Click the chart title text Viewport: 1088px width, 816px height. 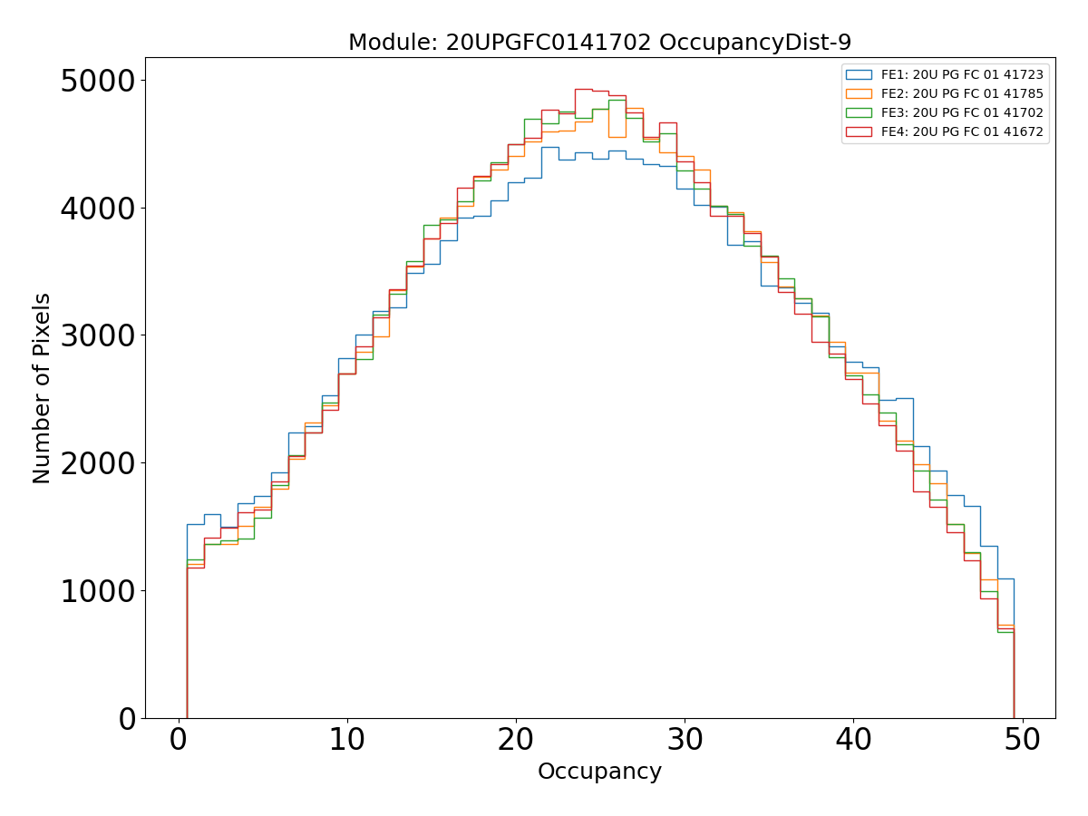(599, 43)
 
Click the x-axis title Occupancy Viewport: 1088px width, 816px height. (599, 772)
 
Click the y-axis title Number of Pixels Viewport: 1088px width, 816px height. (43, 388)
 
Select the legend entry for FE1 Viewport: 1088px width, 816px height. (962, 74)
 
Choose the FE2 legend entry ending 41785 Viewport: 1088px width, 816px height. (962, 93)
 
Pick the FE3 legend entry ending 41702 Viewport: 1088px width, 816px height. (962, 112)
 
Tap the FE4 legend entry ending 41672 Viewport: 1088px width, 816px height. (962, 131)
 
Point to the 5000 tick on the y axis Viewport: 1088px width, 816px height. (97, 81)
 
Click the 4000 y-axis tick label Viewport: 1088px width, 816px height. (97, 209)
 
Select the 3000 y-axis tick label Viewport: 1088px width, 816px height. (97, 335)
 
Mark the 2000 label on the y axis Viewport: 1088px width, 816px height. (97, 463)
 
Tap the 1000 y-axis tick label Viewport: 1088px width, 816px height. (97, 591)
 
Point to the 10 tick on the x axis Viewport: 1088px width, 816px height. (347, 741)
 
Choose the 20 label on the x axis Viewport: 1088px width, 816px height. (516, 741)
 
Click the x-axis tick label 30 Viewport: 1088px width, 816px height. (685, 741)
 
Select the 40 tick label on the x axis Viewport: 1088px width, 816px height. (853, 741)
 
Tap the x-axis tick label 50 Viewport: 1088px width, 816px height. (1022, 741)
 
